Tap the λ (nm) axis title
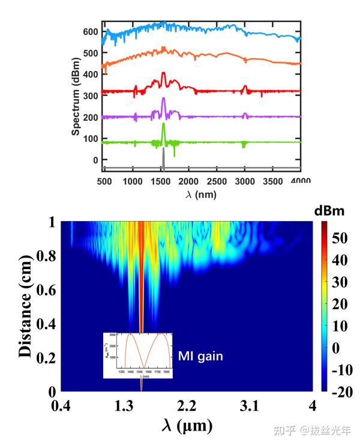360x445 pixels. point(200,194)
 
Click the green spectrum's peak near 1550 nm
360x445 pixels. point(163,126)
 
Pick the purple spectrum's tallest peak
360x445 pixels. point(163,100)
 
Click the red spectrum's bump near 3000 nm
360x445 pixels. point(244,88)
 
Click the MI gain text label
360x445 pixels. point(200,357)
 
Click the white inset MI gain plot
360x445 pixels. point(138,354)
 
